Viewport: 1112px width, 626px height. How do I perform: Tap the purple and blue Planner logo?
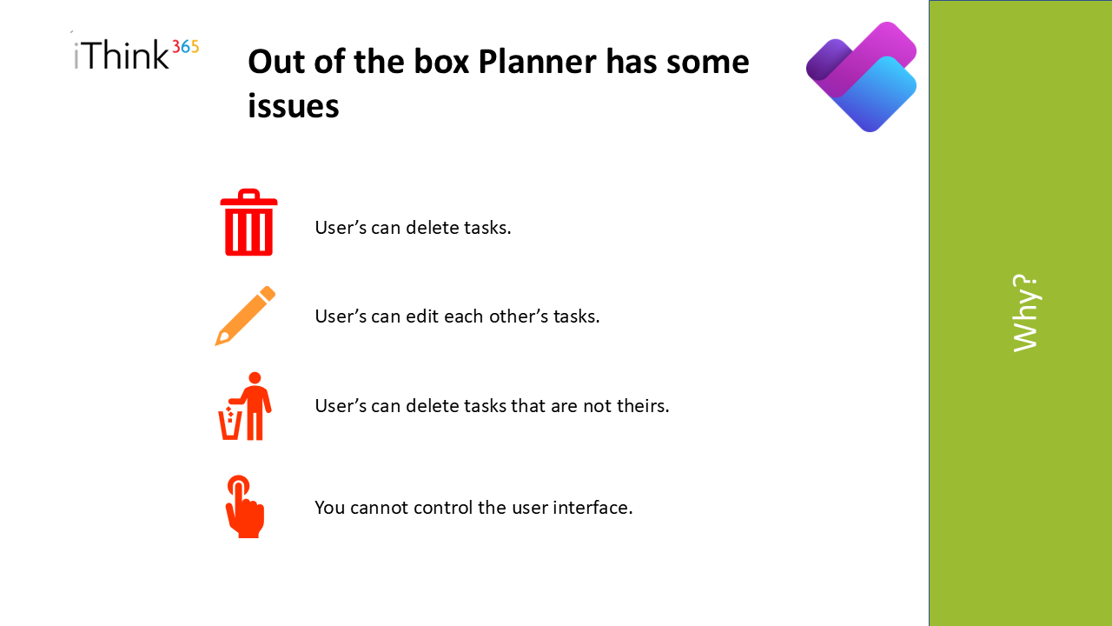tap(861, 77)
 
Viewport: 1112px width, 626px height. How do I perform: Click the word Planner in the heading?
tap(537, 62)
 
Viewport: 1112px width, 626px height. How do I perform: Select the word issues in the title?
tap(294, 106)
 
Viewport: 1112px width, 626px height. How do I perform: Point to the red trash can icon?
tap(248, 222)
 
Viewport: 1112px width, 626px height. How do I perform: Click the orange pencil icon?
tap(245, 316)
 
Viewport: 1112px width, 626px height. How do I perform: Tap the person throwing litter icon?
tap(245, 406)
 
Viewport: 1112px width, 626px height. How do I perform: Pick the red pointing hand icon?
tap(245, 507)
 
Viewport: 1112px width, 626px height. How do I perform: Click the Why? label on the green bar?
tap(1026, 313)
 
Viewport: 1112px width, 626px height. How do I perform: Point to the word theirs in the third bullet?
tap(643, 406)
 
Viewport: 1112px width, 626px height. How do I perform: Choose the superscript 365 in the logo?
tap(186, 47)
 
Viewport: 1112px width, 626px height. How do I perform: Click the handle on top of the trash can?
tap(248, 193)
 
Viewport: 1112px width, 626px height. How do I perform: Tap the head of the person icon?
tap(255, 378)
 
